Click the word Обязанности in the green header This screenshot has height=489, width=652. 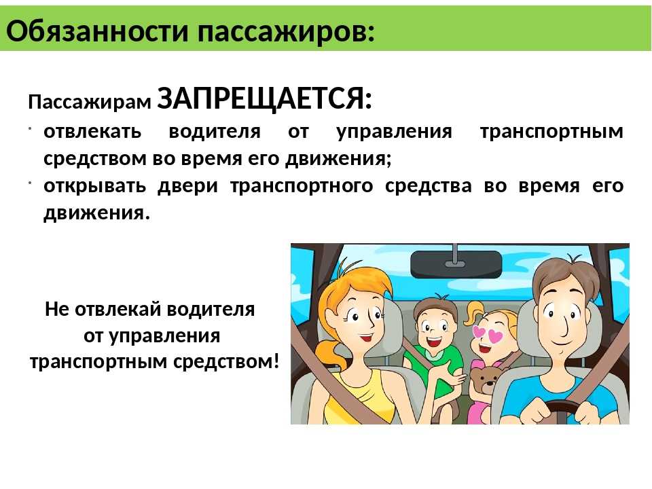[98, 31]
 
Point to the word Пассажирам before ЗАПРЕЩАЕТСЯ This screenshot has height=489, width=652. [90, 102]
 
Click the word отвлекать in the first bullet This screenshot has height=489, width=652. [92, 131]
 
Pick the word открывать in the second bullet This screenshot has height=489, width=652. [95, 187]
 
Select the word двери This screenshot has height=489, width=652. [188, 187]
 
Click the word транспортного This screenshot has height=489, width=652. [302, 187]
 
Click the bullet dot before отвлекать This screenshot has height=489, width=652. [31, 128]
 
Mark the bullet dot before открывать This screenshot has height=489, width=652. [31, 183]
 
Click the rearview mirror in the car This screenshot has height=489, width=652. [456, 264]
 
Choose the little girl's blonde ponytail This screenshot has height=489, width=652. [473, 312]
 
